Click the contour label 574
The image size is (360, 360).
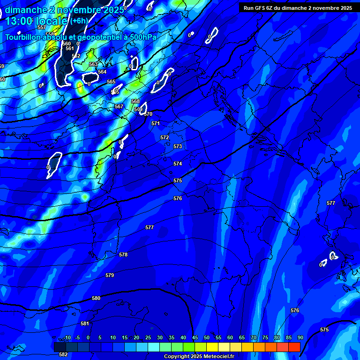178,164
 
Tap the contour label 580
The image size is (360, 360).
96,298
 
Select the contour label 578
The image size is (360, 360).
123,255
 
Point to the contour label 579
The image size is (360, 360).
110,275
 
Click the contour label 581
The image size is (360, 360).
85,323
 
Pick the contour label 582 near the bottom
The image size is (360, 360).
63,354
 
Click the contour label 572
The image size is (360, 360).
165,137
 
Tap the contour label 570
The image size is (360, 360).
149,114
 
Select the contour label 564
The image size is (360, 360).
102,72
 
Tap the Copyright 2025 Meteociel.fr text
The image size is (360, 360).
199,357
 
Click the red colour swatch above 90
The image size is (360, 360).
294,347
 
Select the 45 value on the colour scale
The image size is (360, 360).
195,338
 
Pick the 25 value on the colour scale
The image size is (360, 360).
148,338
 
